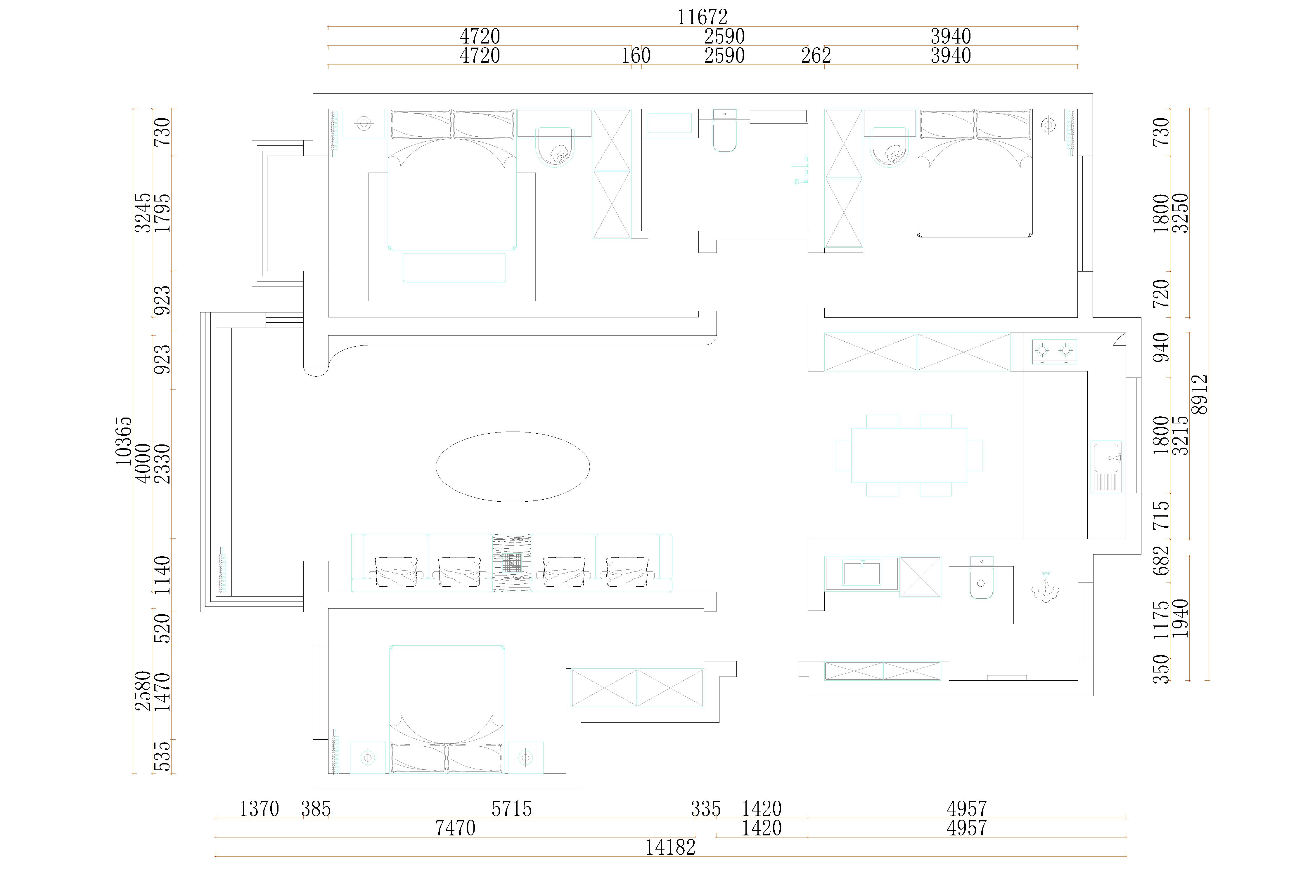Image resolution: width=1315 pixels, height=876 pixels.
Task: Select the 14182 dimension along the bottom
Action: [x=670, y=847]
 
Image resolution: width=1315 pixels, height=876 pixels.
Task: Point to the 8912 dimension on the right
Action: [x=1199, y=394]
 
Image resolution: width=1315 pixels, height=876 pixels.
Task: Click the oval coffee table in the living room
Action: [x=513, y=467]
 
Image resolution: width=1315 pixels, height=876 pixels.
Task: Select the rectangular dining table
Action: [x=909, y=455]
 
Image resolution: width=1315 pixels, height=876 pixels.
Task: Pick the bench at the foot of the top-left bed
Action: [x=454, y=267]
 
